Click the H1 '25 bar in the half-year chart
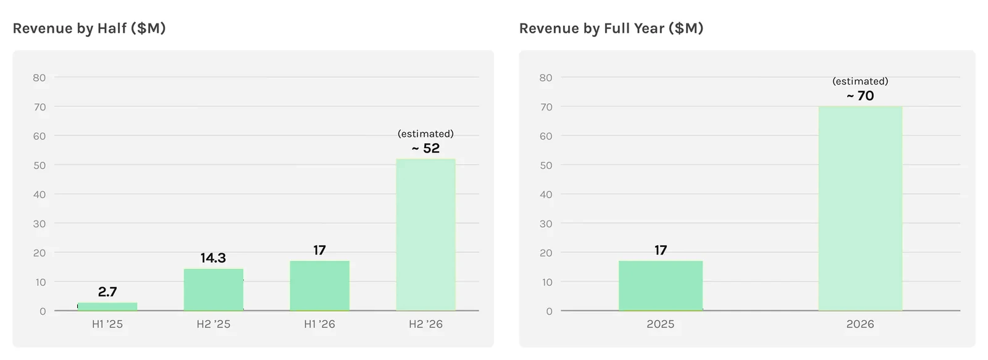[x=107, y=307]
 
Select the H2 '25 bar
[x=214, y=290]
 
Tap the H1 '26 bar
[x=320, y=286]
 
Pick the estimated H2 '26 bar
[x=425, y=235]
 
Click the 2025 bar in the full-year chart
[x=661, y=286]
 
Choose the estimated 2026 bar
[x=861, y=209]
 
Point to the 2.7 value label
[x=107, y=291]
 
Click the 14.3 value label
[x=213, y=257]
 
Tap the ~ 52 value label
[x=425, y=148]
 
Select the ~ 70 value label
[x=860, y=96]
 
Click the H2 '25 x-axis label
[x=214, y=324]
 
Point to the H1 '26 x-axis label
[x=319, y=324]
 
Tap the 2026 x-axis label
[x=860, y=324]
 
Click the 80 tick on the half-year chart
[x=40, y=78]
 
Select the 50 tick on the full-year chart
[x=546, y=165]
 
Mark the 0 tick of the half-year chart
[x=43, y=311]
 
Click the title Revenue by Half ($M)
[x=89, y=28]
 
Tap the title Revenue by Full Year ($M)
[x=611, y=28]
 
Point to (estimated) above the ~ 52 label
[x=425, y=133]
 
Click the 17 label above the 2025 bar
[x=661, y=250]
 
